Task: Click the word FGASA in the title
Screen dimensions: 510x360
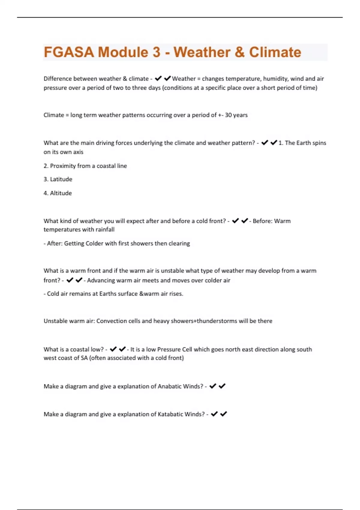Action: (69, 52)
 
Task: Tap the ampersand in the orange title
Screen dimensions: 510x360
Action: (240, 52)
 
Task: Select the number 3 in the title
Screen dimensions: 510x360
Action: (157, 52)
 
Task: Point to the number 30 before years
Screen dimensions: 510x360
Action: (228, 115)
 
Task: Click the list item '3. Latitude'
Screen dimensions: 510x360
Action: (58, 179)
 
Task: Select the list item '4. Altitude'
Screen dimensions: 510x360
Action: (58, 193)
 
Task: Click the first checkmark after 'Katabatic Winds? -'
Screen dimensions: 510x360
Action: (214, 414)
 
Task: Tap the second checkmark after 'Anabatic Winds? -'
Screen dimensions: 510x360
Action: (222, 386)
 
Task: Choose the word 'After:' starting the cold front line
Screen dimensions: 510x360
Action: (55, 243)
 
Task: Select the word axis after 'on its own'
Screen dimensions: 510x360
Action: (78, 152)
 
